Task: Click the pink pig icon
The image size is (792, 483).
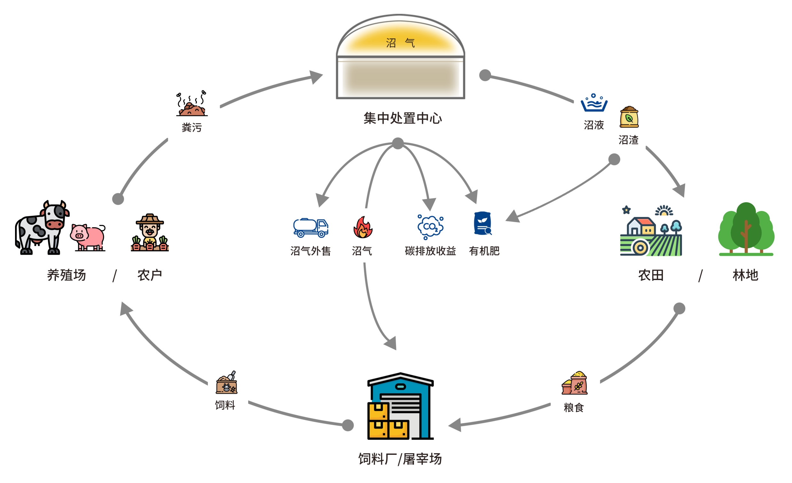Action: click(x=87, y=237)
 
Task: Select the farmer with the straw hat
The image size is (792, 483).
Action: click(x=150, y=232)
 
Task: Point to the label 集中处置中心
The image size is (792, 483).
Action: click(x=403, y=118)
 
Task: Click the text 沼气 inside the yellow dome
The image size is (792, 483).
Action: click(x=401, y=43)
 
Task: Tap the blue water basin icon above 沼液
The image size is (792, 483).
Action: click(x=594, y=103)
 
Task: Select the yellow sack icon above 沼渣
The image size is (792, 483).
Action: click(x=629, y=117)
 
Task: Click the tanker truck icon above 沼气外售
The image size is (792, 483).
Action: click(x=310, y=228)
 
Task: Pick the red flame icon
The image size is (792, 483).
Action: click(x=363, y=227)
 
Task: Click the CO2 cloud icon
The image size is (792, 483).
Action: click(x=430, y=227)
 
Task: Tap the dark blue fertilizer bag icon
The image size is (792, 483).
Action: click(x=482, y=223)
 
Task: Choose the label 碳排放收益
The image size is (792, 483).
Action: click(x=430, y=251)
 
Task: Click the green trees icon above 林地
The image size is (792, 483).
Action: click(x=746, y=229)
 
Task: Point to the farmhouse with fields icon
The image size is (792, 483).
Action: click(x=651, y=231)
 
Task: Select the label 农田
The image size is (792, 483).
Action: click(x=651, y=276)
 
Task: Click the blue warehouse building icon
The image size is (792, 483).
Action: click(x=401, y=406)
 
